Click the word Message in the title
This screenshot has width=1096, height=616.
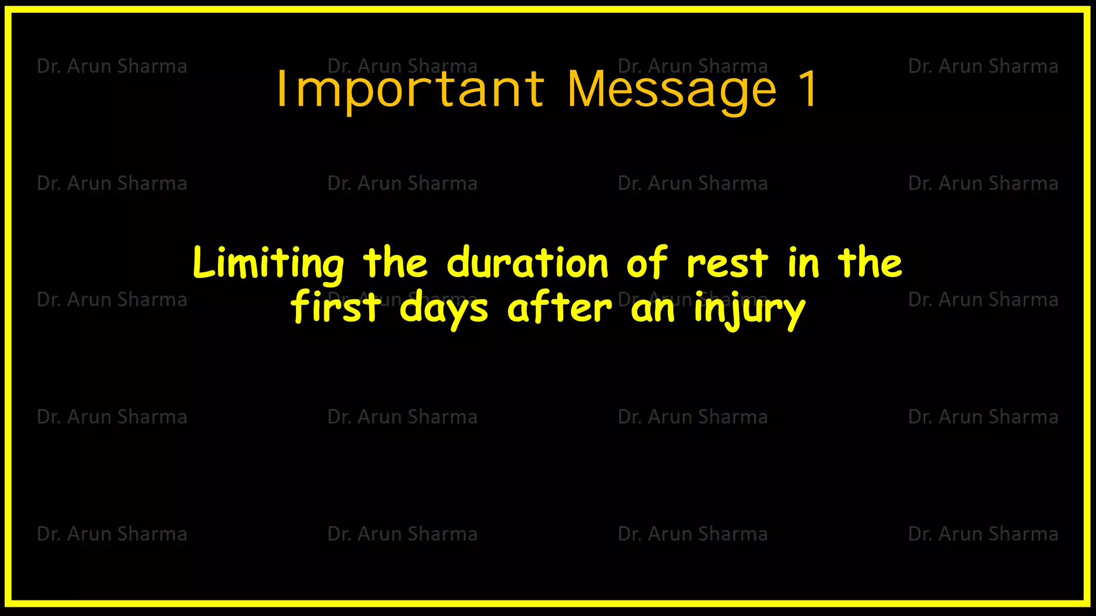coord(672,90)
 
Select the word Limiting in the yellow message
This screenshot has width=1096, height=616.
coord(268,263)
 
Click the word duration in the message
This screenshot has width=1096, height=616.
coord(528,263)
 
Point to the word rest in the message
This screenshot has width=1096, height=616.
coord(727,263)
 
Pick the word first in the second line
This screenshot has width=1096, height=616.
coord(336,308)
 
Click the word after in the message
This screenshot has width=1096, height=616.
coord(559,308)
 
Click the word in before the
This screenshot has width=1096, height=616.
coord(803,263)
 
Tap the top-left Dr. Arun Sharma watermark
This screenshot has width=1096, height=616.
coord(112,66)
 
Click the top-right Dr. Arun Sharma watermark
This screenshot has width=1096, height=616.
coord(983,66)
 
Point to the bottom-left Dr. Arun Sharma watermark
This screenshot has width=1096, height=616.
coord(112,534)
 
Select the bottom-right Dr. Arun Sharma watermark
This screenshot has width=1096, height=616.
coord(983,534)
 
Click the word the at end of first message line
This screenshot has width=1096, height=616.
coord(870,263)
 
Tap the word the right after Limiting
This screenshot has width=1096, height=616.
coord(395,263)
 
